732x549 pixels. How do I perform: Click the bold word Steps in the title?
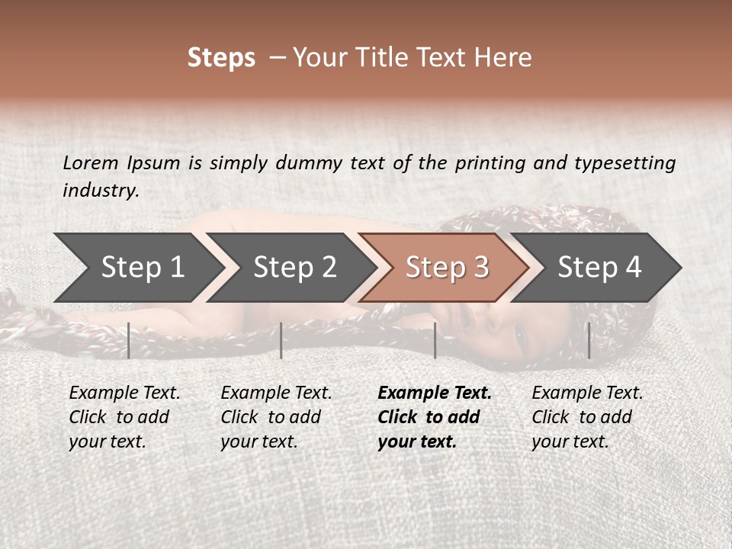(x=221, y=58)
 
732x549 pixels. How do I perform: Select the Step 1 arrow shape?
(x=137, y=268)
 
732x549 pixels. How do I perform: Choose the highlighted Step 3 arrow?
(x=447, y=268)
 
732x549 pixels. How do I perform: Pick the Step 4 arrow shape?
(x=599, y=268)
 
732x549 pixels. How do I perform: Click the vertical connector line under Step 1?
(x=129, y=340)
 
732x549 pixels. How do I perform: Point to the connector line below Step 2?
(x=281, y=340)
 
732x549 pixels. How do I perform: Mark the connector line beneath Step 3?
(x=435, y=340)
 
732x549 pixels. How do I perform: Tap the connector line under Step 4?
(x=589, y=340)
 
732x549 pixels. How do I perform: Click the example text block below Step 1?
(x=124, y=417)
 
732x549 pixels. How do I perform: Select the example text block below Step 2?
(x=276, y=417)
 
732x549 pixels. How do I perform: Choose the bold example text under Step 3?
(x=435, y=417)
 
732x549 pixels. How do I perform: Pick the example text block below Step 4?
(x=587, y=417)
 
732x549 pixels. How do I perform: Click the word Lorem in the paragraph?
(x=91, y=162)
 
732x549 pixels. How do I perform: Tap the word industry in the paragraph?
(x=101, y=191)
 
